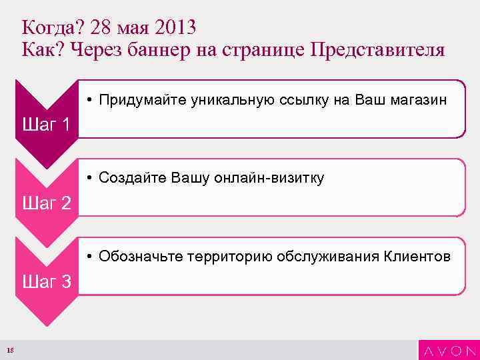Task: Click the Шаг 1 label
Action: click(47, 124)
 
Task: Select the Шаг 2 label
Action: click(47, 203)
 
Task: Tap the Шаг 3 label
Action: click(47, 281)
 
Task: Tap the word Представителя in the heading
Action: click(377, 51)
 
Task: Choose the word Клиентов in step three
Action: click(417, 257)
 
